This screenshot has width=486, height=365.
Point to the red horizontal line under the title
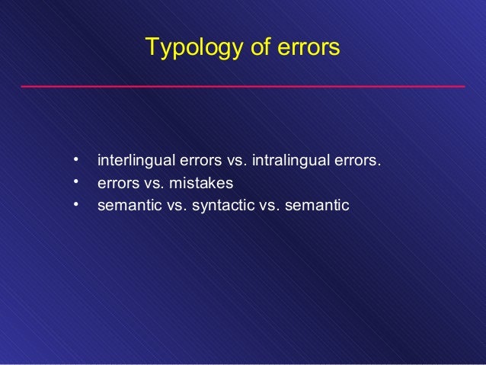(x=242, y=87)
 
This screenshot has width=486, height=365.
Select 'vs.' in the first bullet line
(x=232, y=162)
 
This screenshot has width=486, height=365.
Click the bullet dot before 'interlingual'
(x=76, y=161)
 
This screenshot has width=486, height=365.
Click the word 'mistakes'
(x=202, y=184)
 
